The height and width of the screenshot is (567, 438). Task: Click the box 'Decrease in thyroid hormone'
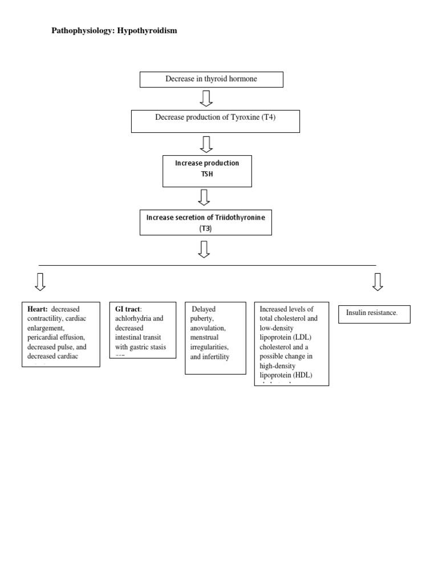tap(211, 79)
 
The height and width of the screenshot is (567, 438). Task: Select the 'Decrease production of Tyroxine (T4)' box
tap(215, 121)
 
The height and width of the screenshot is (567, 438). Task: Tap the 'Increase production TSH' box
tap(207, 171)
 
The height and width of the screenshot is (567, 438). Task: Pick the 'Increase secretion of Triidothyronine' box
tap(206, 222)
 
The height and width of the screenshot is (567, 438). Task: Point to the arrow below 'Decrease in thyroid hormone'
tap(206, 98)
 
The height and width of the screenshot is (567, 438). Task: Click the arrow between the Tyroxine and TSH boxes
tap(206, 144)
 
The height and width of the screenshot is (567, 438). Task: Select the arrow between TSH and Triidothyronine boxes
tap(204, 197)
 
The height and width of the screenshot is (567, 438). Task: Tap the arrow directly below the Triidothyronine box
tap(204, 249)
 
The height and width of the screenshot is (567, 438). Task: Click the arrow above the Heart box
tap(40, 282)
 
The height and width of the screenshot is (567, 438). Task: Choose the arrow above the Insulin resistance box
tap(377, 282)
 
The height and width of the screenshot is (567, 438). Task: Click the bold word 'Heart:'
tap(38, 309)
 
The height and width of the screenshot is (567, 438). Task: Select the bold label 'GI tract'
tap(127, 309)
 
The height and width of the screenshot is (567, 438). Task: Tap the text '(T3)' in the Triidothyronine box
tap(205, 228)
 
